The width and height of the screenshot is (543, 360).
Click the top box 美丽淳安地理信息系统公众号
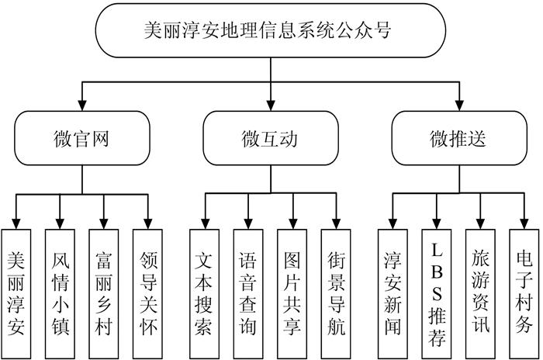tap(271, 32)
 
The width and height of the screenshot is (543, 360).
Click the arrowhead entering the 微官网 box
tap(82, 106)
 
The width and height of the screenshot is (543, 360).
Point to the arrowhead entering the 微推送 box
tap(459, 106)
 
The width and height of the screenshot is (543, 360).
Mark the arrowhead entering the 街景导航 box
tap(336, 223)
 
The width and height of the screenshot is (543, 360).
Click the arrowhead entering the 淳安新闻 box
tap(393, 223)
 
